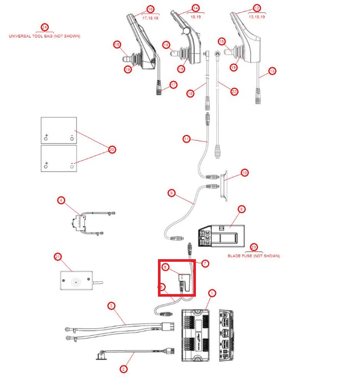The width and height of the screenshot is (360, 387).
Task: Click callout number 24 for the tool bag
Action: (45, 27)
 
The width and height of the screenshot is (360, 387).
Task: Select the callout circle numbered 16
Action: (150, 9)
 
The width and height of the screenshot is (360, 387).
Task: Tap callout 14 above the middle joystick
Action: (195, 8)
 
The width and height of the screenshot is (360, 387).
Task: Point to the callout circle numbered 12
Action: (257, 8)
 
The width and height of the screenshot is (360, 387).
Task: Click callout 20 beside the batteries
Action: (112, 150)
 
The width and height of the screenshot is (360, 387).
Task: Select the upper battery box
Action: (58, 130)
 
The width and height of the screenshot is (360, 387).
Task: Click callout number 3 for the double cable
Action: (111, 306)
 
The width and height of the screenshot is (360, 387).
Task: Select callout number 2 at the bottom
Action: (124, 369)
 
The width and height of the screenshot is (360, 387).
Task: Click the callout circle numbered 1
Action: (212, 293)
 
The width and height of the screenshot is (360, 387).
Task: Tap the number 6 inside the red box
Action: (165, 267)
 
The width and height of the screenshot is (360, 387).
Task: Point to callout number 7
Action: (205, 263)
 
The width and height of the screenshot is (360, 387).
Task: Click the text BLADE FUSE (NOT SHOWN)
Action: (254, 256)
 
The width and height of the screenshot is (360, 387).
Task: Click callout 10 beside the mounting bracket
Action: (245, 173)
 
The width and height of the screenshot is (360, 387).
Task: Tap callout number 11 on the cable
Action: (186, 138)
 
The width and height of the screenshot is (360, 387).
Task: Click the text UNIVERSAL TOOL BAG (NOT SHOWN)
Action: (45, 36)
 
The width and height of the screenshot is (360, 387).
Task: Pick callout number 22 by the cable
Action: (234, 91)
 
